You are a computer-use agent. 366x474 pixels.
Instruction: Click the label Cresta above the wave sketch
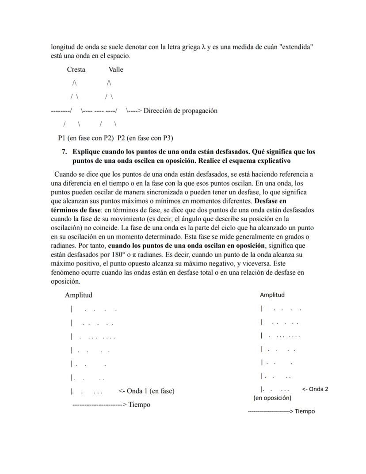click(x=76, y=69)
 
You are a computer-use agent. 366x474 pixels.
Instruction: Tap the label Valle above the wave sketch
click(x=116, y=69)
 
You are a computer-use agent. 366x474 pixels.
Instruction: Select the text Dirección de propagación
click(x=180, y=111)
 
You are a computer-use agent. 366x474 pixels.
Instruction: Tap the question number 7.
click(x=64, y=152)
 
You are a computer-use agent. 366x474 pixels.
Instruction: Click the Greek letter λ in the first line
click(x=203, y=47)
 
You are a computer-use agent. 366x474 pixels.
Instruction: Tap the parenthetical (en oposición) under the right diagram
click(x=272, y=398)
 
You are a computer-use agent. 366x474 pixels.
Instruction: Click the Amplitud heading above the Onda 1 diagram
click(x=79, y=295)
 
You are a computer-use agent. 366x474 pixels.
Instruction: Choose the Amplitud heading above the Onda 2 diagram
click(x=272, y=295)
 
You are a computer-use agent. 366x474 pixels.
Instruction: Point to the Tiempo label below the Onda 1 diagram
click(x=139, y=405)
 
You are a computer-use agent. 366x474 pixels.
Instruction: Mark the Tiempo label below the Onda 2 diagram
click(x=305, y=412)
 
